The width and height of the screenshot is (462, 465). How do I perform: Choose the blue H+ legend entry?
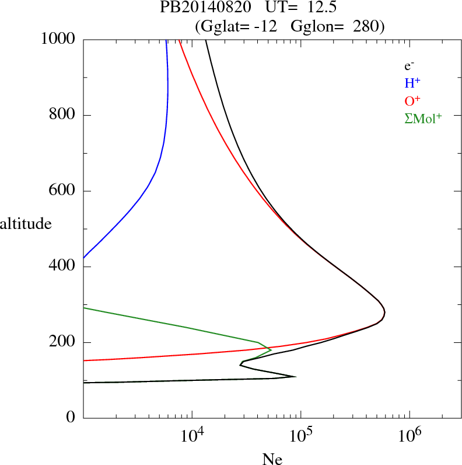[x=412, y=83]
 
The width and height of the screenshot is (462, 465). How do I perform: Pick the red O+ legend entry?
[x=413, y=100]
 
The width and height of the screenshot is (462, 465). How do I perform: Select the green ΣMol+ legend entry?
[x=423, y=119]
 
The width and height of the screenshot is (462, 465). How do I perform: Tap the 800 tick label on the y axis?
[x=63, y=115]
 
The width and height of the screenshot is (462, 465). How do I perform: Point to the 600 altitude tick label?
[x=63, y=191]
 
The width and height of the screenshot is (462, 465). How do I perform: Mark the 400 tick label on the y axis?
[x=63, y=267]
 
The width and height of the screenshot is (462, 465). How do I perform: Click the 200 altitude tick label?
[x=63, y=342]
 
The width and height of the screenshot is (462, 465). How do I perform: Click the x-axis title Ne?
[x=272, y=459]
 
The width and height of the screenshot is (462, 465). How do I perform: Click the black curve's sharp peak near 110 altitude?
[x=296, y=376]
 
